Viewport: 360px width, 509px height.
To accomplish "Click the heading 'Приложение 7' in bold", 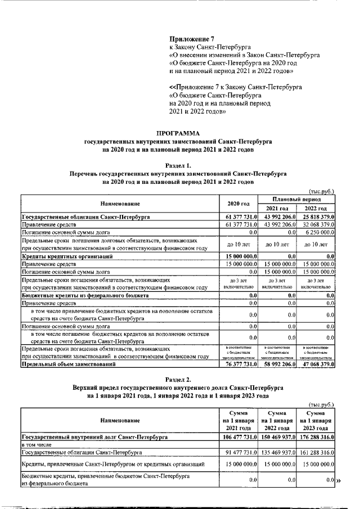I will [192, 39].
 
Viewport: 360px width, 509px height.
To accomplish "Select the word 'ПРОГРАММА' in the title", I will [178, 133].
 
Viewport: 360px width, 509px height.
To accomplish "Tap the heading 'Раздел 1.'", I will [178, 166].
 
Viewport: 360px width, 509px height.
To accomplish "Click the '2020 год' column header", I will [237, 203].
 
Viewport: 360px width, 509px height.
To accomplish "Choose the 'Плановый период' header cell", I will [296, 199].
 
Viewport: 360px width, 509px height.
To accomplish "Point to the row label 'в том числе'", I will [35, 444].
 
